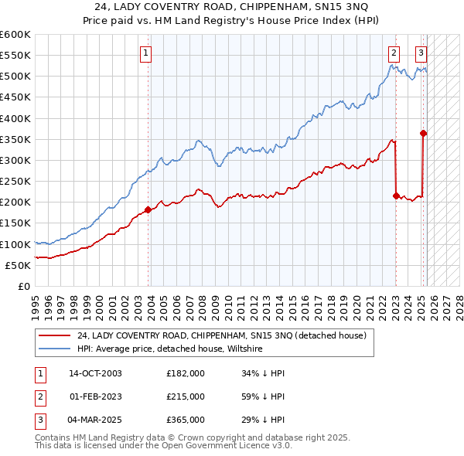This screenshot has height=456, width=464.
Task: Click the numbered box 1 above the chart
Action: point(146,53)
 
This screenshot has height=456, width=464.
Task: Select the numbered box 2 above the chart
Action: point(394,53)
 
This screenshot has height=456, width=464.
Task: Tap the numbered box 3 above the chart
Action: point(421,53)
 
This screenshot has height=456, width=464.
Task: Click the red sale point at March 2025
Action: point(424,133)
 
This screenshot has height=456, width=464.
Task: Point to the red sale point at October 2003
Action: point(148,209)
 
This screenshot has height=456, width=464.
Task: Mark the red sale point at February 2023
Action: point(396,196)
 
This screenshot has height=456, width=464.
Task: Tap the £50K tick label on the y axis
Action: point(18,265)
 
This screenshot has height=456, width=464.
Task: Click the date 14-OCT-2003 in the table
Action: point(95,373)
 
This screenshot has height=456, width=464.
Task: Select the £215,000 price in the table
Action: point(186,396)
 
